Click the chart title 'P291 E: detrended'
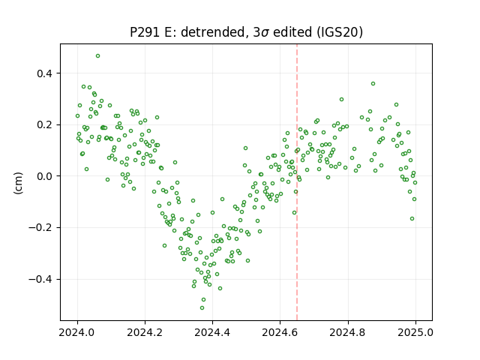(x=187, y=32)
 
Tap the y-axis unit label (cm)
(x=18, y=183)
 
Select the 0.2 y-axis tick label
(x=45, y=125)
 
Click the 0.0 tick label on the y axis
(x=45, y=176)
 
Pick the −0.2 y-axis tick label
(x=41, y=228)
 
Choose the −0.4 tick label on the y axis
(x=41, y=279)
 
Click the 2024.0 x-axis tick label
(x=77, y=332)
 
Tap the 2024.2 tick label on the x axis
(x=145, y=332)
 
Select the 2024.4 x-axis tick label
(x=212, y=332)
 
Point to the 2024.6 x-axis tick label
(x=280, y=332)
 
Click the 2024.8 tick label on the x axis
(x=348, y=332)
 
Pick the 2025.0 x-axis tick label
(x=415, y=332)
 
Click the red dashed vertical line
(x=297, y=182)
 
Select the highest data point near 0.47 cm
(x=98, y=56)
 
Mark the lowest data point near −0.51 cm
(x=202, y=307)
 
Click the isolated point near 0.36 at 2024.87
(x=373, y=83)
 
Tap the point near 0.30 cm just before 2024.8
(x=342, y=99)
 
